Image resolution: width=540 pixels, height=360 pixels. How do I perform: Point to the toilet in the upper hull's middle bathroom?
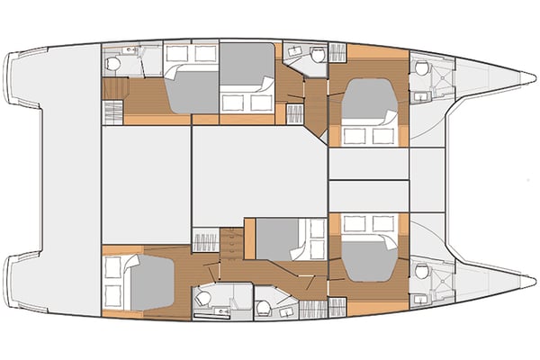(x=316, y=55)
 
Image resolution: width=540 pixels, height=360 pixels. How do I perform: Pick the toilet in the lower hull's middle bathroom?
(x=263, y=309)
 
